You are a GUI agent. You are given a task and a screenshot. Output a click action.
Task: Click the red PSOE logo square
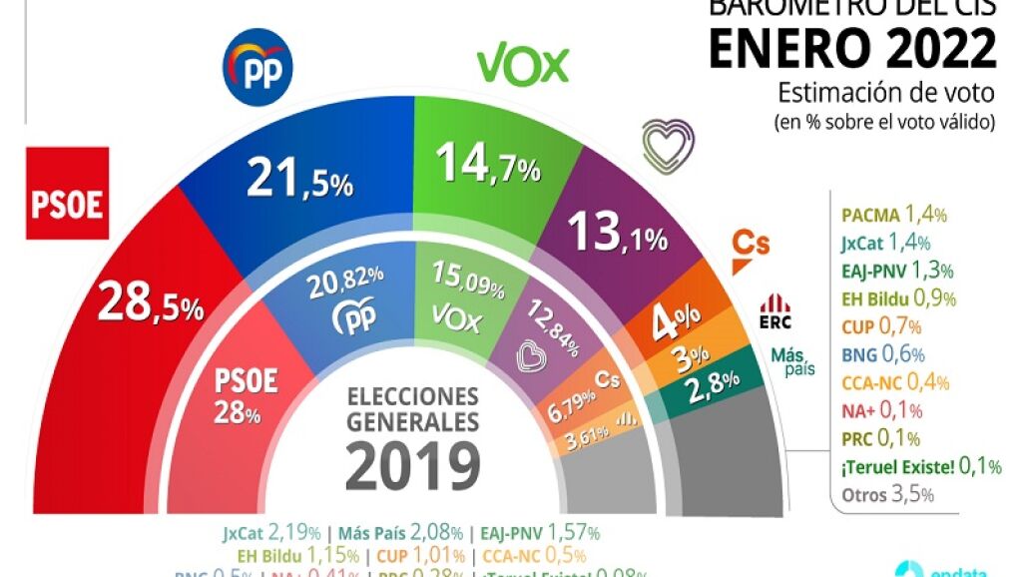tap(67, 194)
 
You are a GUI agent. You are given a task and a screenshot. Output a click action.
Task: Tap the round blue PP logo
tap(256, 68)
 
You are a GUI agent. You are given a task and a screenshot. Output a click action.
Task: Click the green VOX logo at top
tap(522, 66)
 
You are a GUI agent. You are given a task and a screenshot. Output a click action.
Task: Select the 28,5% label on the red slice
tap(150, 303)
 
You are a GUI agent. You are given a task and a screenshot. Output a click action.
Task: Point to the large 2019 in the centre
tap(413, 463)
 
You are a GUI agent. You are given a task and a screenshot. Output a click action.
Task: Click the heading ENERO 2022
tap(852, 49)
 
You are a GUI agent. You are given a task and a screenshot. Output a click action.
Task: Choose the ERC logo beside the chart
tap(775, 311)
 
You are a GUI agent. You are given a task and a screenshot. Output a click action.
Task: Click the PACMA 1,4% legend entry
tap(893, 214)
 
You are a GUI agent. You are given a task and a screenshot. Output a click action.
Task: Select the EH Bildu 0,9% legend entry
tap(898, 297)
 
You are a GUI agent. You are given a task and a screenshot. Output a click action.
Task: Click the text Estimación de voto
tap(885, 94)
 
